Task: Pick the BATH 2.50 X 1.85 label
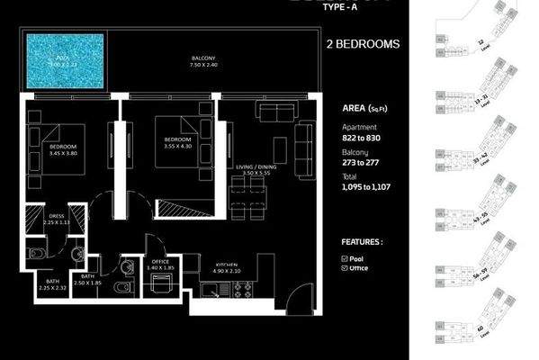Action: pos(88,279)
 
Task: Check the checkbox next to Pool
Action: pos(346,257)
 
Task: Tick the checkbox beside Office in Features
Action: pos(346,269)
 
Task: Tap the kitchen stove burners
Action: pos(241,290)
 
